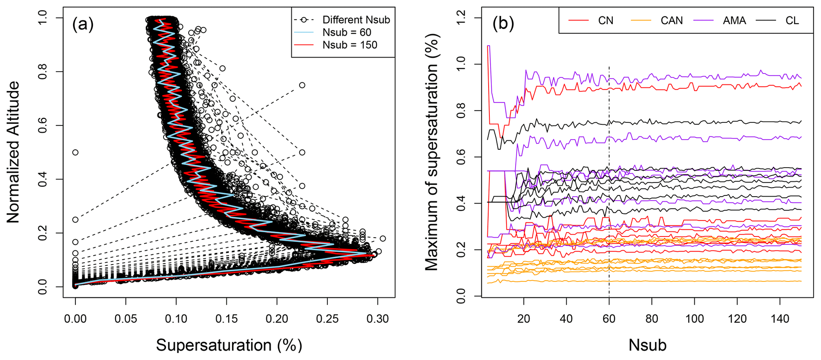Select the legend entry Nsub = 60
click(x=347, y=32)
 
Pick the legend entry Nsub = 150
click(x=350, y=45)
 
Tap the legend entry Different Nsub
click(x=356, y=19)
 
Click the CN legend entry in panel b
click(x=605, y=20)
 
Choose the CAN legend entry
click(x=671, y=20)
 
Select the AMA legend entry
click(x=734, y=20)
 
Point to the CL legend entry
click(x=792, y=20)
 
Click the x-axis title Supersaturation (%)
click(x=229, y=345)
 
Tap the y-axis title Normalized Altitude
click(x=13, y=152)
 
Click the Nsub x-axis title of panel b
click(x=647, y=345)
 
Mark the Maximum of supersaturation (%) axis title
click(x=432, y=152)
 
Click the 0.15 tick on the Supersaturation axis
click(x=226, y=319)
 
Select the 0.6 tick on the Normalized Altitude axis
click(x=42, y=126)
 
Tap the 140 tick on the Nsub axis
click(x=780, y=319)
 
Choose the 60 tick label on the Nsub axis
click(x=609, y=319)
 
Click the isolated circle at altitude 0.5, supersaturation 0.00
click(x=75, y=152)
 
